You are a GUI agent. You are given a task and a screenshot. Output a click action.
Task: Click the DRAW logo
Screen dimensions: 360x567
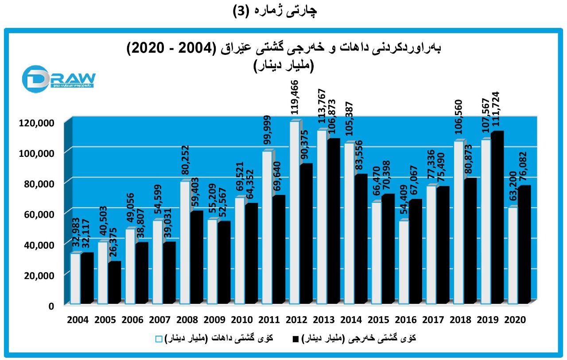[58, 78]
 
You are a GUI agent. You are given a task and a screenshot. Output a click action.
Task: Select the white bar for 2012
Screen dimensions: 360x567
[295, 213]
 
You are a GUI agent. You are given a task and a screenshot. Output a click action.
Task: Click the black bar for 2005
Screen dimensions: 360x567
[114, 283]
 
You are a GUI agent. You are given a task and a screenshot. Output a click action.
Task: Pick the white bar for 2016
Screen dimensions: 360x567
[404, 262]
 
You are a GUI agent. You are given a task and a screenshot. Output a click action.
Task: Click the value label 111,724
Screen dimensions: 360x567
[497, 110]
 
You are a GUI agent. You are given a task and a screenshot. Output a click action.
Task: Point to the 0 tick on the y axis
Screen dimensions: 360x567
[51, 306]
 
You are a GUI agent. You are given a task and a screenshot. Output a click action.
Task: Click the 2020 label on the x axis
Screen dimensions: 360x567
[515, 320]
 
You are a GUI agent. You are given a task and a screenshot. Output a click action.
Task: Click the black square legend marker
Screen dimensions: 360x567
[295, 339]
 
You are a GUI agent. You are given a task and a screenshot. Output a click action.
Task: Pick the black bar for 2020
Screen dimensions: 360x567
[525, 244]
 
